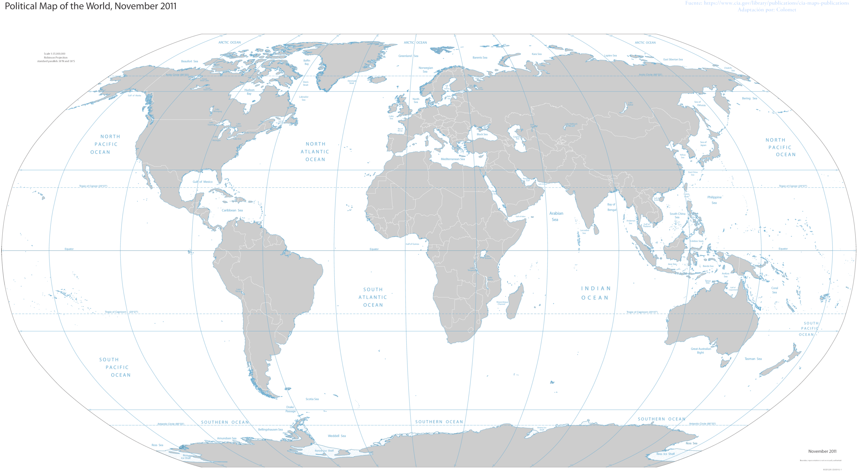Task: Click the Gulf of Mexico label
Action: pos(202,182)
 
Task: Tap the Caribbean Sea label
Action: pos(232,210)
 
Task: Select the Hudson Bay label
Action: pos(249,92)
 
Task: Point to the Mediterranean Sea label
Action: pos(453,159)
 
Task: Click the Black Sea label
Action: pos(482,134)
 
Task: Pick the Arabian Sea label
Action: pos(556,216)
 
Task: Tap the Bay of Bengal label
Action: pos(611,207)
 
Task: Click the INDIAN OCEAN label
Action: pos(595,293)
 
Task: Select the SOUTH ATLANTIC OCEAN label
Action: pos(373,297)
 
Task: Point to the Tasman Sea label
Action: pos(753,359)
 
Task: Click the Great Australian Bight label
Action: pos(701,351)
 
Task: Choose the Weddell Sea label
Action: pos(337,436)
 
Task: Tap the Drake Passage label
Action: pos(290,409)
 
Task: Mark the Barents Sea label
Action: pos(480,58)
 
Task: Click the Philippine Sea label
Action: pos(714,200)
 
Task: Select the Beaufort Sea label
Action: pos(190,61)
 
